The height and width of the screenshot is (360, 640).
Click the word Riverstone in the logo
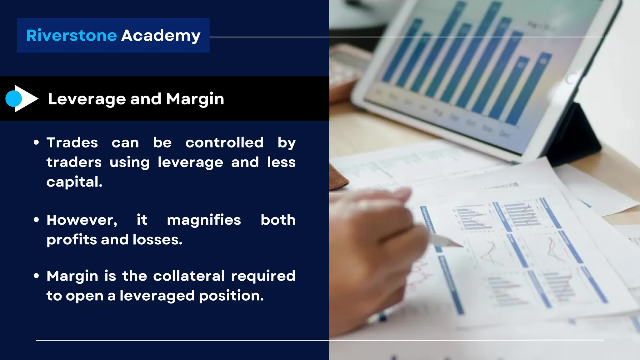(72, 35)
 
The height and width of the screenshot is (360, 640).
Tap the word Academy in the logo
(161, 35)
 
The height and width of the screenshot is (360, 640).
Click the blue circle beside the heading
(13, 99)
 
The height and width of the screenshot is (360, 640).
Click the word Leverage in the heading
(87, 99)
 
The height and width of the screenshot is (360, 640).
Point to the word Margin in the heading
(195, 99)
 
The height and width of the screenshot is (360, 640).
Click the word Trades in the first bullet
(72, 143)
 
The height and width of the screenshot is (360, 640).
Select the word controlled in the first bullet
(224, 143)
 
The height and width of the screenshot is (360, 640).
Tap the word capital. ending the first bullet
(74, 182)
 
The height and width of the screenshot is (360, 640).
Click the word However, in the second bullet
(82, 220)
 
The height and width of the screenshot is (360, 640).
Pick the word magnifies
(204, 220)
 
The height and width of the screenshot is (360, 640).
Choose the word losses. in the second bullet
(157, 240)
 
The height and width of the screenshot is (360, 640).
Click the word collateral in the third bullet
(189, 276)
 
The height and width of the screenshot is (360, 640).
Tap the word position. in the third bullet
(231, 296)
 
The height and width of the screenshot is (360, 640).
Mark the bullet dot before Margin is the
(36, 276)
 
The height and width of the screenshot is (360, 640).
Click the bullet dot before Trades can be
(36, 142)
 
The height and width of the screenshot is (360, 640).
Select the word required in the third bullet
(263, 276)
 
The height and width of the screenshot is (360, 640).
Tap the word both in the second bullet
(278, 220)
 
